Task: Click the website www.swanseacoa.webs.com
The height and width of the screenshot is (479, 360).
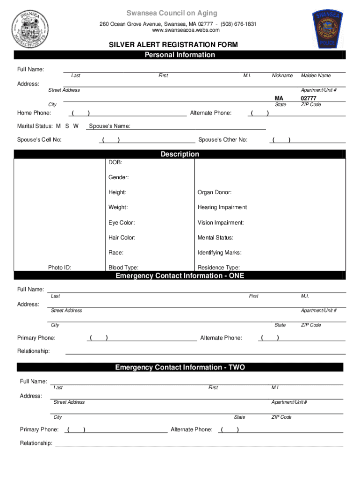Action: click(x=180, y=30)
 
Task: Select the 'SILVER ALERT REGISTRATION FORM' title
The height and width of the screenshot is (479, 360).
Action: click(x=173, y=45)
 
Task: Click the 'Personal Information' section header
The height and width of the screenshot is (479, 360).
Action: click(x=180, y=55)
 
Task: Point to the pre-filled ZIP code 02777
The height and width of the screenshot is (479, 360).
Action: click(x=309, y=98)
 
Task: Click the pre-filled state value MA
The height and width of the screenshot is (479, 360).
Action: click(x=279, y=98)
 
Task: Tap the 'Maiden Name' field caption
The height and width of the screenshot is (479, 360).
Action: click(x=316, y=75)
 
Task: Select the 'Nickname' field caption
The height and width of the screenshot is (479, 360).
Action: click(x=282, y=75)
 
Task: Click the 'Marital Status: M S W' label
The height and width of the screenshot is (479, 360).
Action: click(x=48, y=126)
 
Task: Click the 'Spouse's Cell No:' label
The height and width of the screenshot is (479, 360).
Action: click(x=39, y=139)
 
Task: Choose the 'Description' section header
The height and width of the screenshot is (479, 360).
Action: click(x=180, y=154)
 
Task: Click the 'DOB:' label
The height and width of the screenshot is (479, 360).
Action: click(x=115, y=162)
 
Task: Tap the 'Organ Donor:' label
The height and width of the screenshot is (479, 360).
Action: click(x=214, y=192)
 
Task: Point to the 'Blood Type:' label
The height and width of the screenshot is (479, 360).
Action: click(x=123, y=268)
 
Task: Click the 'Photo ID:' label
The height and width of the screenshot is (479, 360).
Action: click(x=59, y=268)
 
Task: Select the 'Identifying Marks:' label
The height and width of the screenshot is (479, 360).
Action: click(x=219, y=253)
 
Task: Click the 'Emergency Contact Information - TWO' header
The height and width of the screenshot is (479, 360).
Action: click(x=180, y=367)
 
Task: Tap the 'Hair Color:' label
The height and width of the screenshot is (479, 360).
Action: click(x=122, y=238)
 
